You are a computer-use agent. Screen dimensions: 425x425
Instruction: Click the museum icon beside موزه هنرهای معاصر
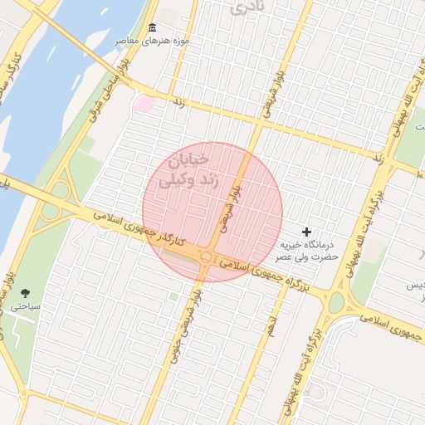pos(151,28)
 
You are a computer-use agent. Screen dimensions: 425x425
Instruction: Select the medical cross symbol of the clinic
pos(307,232)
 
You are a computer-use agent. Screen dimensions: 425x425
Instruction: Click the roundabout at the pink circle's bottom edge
pos(205,257)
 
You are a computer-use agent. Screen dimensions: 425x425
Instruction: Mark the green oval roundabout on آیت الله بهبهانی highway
pos(336,303)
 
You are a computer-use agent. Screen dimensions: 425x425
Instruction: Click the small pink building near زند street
pos(146,104)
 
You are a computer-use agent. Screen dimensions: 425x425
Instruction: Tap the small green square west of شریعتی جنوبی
pos(173,296)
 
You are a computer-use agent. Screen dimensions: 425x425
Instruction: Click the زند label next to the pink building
pos(178,101)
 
